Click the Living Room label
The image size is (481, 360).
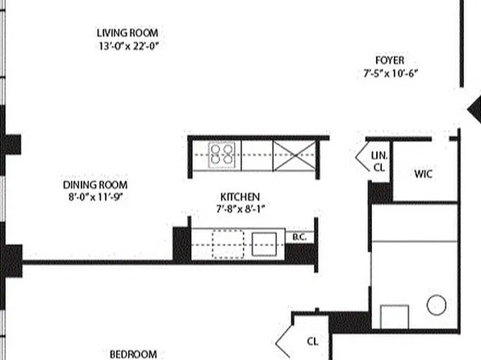[x=126, y=33]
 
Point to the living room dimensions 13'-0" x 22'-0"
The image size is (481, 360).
[x=126, y=46]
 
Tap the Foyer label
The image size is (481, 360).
[x=390, y=61]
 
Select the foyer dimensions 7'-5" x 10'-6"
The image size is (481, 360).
[x=390, y=73]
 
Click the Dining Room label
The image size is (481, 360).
[x=95, y=184]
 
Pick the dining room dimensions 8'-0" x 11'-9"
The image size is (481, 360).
[x=95, y=197]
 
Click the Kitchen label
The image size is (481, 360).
[x=240, y=197]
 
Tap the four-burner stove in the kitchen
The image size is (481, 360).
[x=222, y=153]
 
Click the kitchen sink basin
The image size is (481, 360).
[x=264, y=243]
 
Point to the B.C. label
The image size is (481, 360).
[x=299, y=237]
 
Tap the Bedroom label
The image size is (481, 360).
[x=133, y=354]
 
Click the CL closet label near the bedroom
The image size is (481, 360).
[x=312, y=341]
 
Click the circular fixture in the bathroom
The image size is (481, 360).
[x=436, y=304]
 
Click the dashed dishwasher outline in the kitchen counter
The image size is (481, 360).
[x=228, y=243]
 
